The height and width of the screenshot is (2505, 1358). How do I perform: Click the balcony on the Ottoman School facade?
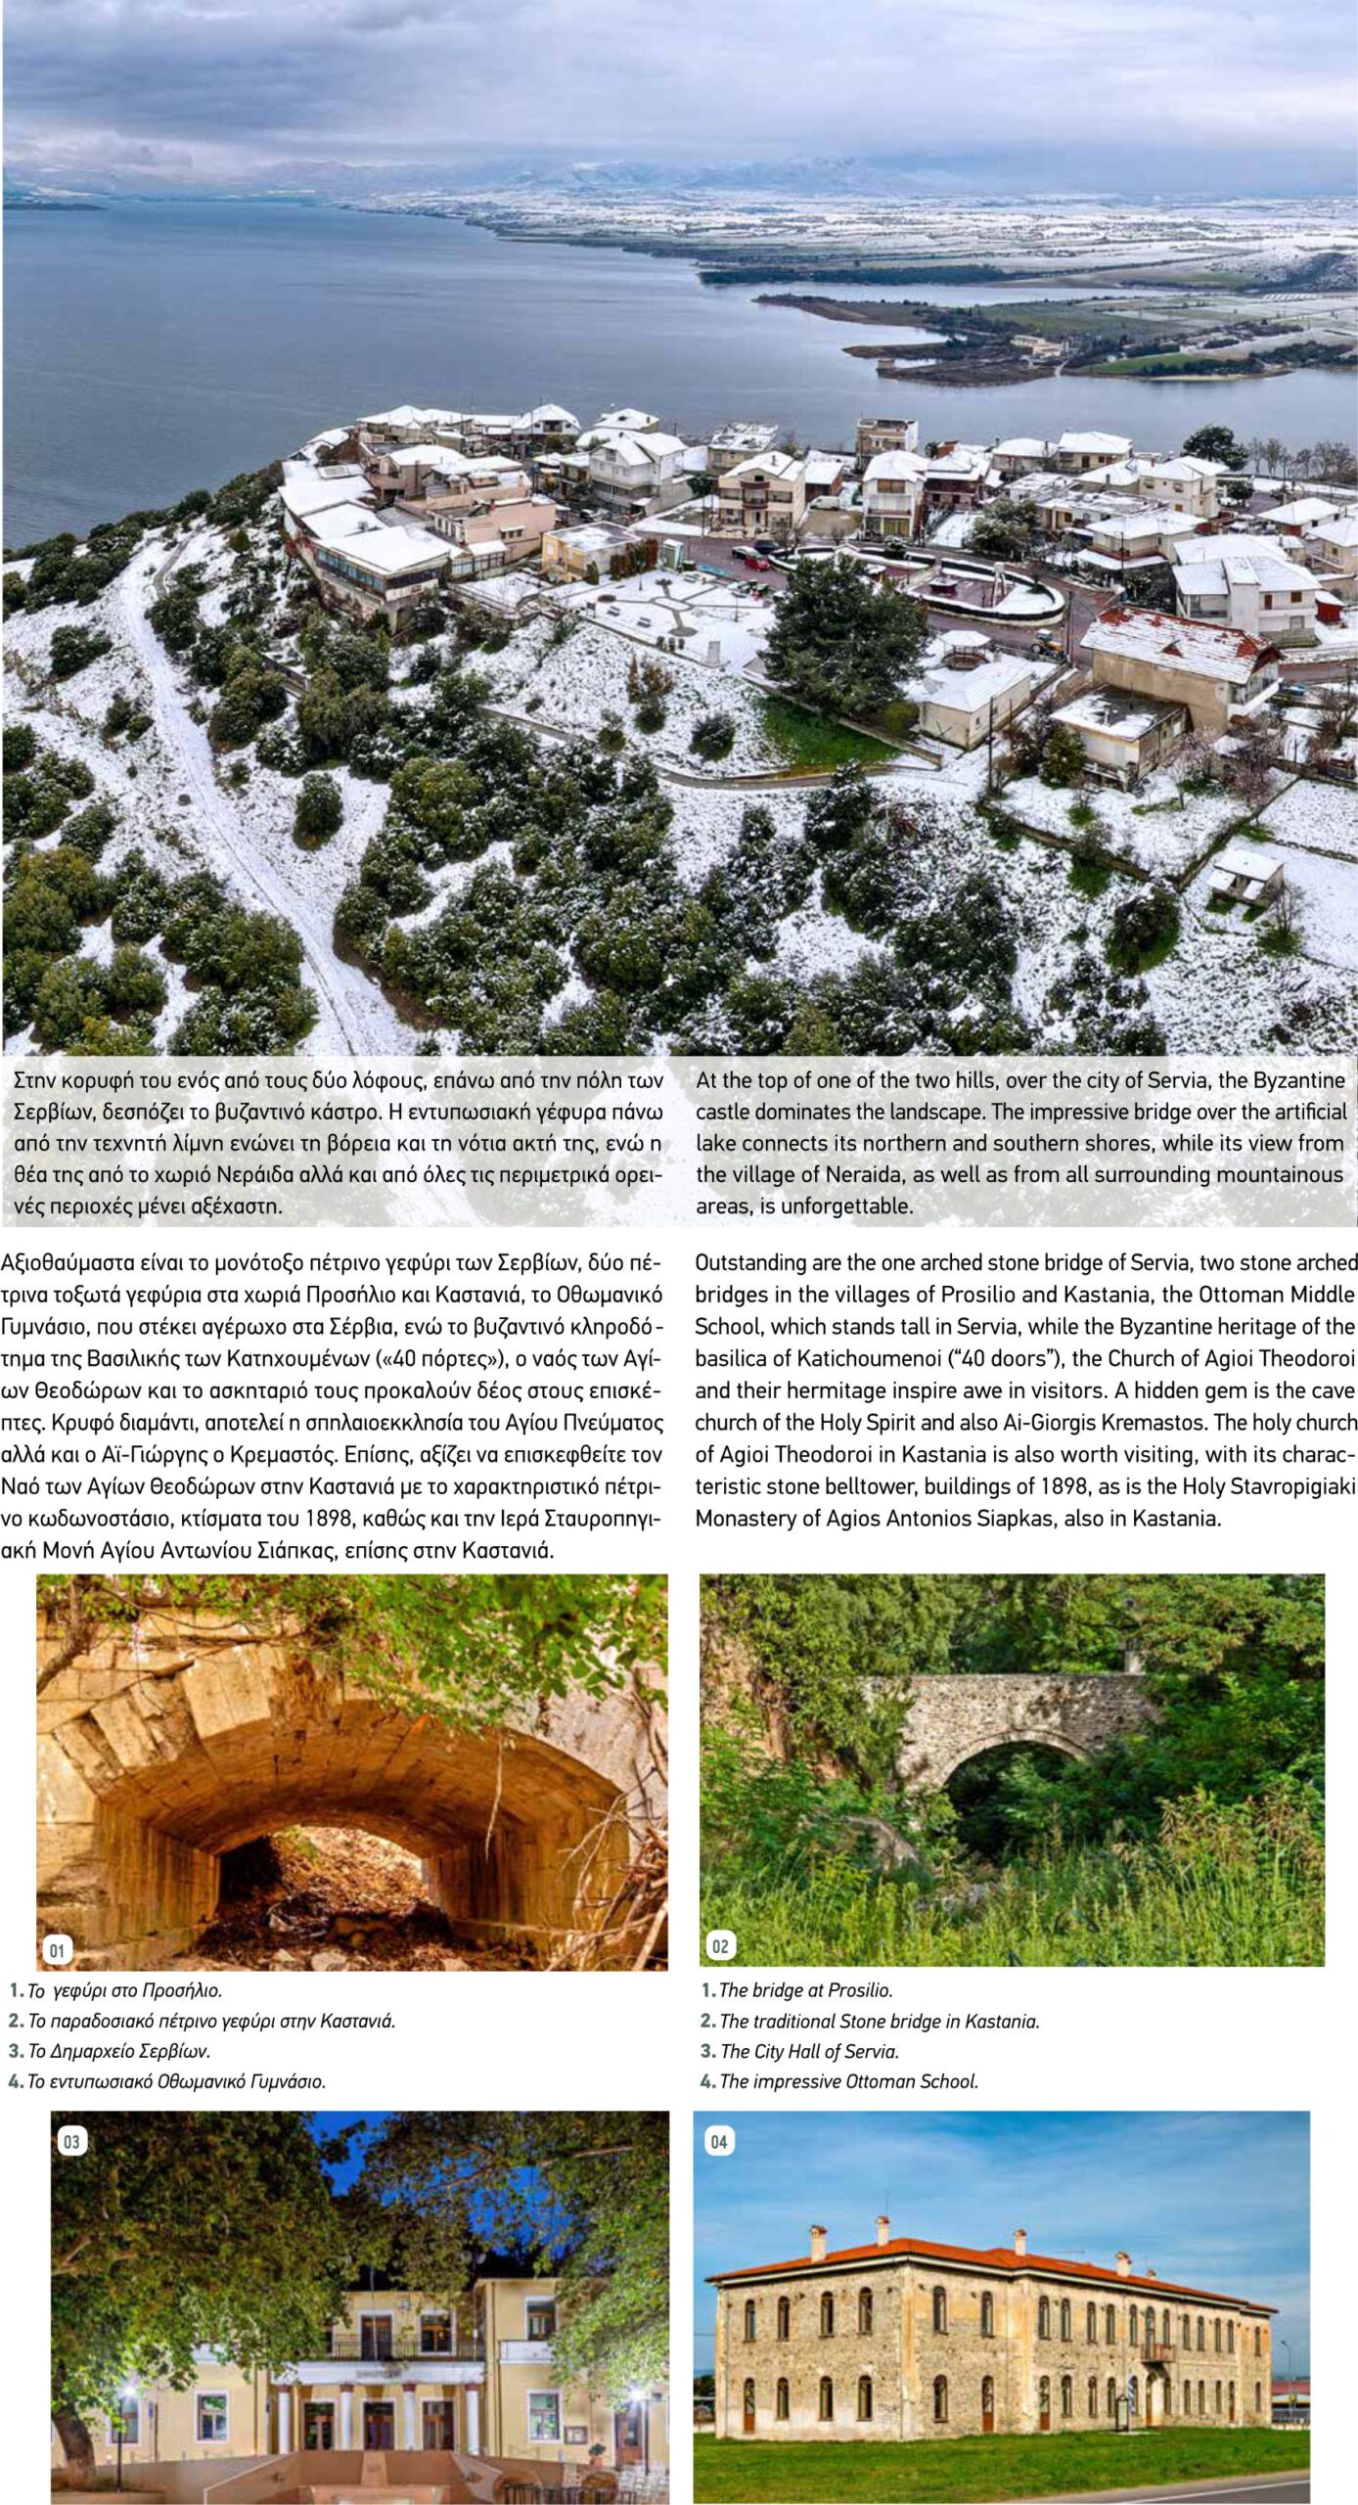tap(1156, 2344)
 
